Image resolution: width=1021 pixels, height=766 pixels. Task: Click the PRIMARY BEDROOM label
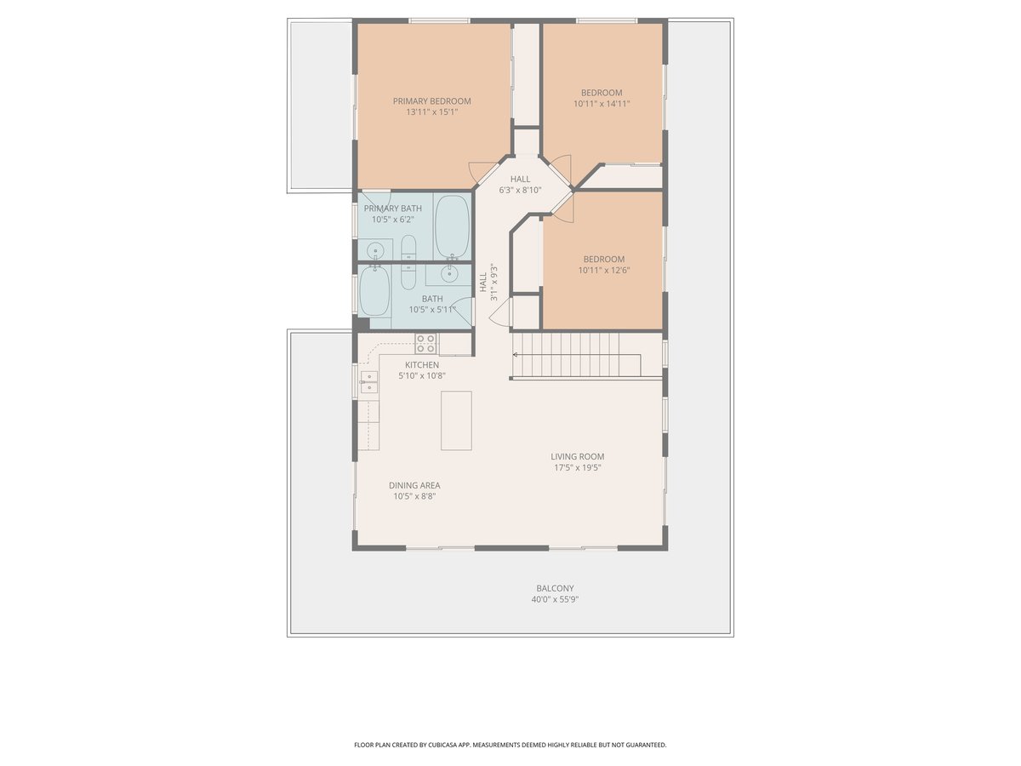431,101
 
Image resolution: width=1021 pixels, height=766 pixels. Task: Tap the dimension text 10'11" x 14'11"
602,104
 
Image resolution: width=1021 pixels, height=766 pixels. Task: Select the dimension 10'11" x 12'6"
604,270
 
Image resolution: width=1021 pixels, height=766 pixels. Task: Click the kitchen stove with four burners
426,343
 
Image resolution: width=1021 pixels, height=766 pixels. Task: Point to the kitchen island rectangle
456,420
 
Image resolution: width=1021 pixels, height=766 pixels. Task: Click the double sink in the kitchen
369,382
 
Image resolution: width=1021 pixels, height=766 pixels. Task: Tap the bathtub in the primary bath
452,226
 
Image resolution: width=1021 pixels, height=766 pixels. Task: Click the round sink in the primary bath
375,252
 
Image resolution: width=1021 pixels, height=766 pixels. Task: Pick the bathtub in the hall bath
374,291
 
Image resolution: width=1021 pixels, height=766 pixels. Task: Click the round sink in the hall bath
449,274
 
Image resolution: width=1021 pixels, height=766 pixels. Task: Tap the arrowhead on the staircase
515,355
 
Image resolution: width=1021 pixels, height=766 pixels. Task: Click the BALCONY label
555,588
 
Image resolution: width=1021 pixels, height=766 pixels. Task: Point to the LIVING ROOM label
577,457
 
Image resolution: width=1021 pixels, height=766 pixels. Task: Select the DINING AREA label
414,485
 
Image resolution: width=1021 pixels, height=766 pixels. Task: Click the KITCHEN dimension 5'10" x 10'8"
422,376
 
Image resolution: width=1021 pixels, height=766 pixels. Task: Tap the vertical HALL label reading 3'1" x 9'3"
488,283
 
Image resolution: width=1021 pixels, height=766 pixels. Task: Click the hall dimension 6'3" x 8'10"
520,190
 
